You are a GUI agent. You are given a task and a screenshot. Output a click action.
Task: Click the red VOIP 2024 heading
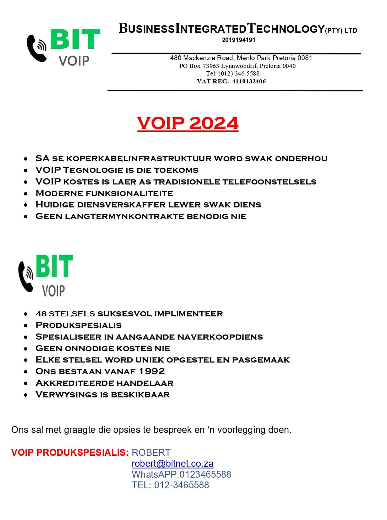pyautogui.click(x=188, y=123)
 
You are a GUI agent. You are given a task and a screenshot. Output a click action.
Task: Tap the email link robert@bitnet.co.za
pyautogui.click(x=173, y=464)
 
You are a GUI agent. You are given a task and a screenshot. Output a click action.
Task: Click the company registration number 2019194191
pyautogui.click(x=239, y=40)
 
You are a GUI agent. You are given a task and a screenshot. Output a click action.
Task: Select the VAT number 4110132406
pyautogui.click(x=249, y=81)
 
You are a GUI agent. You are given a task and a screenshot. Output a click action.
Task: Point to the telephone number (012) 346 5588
pyautogui.click(x=239, y=73)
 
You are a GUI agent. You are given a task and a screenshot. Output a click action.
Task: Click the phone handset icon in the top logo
pyautogui.click(x=36, y=48)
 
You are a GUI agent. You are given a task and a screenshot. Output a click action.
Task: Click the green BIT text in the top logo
pyautogui.click(x=75, y=39)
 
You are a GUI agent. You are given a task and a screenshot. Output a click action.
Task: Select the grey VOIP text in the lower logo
pyautogui.click(x=53, y=291)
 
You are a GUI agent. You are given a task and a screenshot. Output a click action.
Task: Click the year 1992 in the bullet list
pyautogui.click(x=152, y=371)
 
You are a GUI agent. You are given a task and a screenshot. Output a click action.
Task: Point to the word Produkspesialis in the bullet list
pyautogui.click(x=79, y=325)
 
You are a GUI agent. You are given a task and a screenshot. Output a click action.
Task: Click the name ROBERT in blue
pyautogui.click(x=151, y=453)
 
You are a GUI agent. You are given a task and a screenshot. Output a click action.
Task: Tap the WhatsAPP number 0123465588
pyautogui.click(x=205, y=474)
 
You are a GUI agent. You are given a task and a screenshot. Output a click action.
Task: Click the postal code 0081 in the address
pyautogui.click(x=305, y=58)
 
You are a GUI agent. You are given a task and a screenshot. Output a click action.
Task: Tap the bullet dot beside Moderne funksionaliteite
pyautogui.click(x=25, y=194)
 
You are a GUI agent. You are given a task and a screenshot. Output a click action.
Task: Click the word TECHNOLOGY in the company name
pyautogui.click(x=286, y=28)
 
